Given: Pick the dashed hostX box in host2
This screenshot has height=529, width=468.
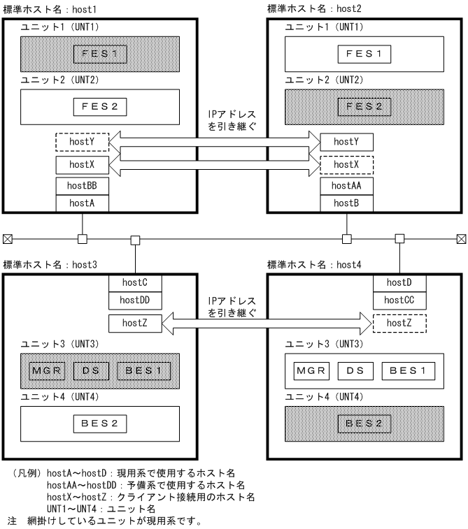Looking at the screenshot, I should click(x=346, y=164).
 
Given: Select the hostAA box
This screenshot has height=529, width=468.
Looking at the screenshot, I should click(x=346, y=187).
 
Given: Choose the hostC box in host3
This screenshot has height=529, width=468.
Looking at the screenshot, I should click(x=136, y=282).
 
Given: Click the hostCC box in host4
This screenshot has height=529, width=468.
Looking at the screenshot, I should click(x=399, y=300).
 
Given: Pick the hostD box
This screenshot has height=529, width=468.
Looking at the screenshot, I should click(x=399, y=282).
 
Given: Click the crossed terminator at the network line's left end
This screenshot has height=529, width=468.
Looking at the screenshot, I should click(x=8, y=239).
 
